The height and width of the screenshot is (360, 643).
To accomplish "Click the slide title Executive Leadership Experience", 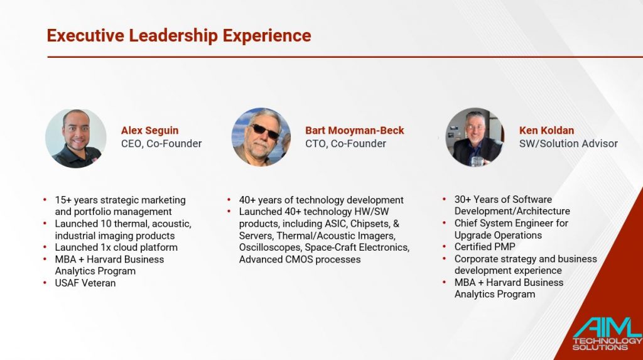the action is tap(179, 36).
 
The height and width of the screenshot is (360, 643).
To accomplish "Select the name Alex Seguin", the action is tap(149, 131).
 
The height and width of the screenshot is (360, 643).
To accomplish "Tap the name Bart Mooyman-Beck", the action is tap(355, 131).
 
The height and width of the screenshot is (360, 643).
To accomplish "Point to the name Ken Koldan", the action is tap(547, 131).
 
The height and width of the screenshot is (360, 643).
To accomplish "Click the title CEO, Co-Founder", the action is tap(161, 144).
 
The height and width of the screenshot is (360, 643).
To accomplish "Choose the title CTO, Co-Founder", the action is tap(346, 144).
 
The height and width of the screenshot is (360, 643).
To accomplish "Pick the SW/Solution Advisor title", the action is tap(568, 144).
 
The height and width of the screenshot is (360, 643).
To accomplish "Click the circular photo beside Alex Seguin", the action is tap(76, 138).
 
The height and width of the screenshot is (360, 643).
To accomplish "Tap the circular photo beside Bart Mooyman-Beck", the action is tap(261, 137).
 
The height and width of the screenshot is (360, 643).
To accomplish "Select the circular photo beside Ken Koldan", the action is tap(475, 137).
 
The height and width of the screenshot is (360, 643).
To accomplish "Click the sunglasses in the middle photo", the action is tap(264, 131).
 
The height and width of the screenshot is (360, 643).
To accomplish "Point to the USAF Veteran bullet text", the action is tap(85, 283).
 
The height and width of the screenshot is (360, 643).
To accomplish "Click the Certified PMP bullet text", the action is tap(485, 247).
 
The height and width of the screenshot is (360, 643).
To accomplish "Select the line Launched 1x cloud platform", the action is tap(116, 248).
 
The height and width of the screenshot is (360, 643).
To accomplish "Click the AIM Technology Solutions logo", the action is tap(607, 334).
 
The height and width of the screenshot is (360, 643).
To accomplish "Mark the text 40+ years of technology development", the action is tap(321, 200).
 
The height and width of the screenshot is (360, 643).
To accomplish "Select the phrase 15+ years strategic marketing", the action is tap(120, 200).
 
